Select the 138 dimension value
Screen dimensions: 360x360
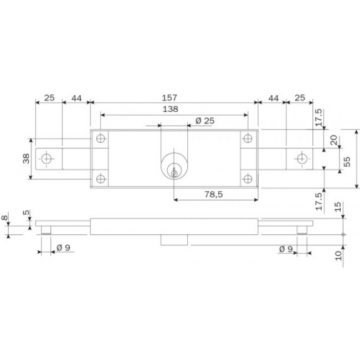click(171, 110)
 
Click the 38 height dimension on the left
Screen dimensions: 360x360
click(25, 159)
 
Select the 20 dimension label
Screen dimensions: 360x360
click(333, 141)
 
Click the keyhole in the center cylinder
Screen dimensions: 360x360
click(174, 172)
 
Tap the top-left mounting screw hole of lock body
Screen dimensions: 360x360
click(100, 138)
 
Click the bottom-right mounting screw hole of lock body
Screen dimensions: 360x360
click(246, 178)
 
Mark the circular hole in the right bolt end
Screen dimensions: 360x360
click(301, 159)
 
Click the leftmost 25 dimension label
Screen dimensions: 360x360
click(49, 98)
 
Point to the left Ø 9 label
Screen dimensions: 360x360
click(63, 248)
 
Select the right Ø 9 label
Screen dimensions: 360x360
click(286, 249)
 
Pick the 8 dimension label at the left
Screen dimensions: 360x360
click(5, 219)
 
